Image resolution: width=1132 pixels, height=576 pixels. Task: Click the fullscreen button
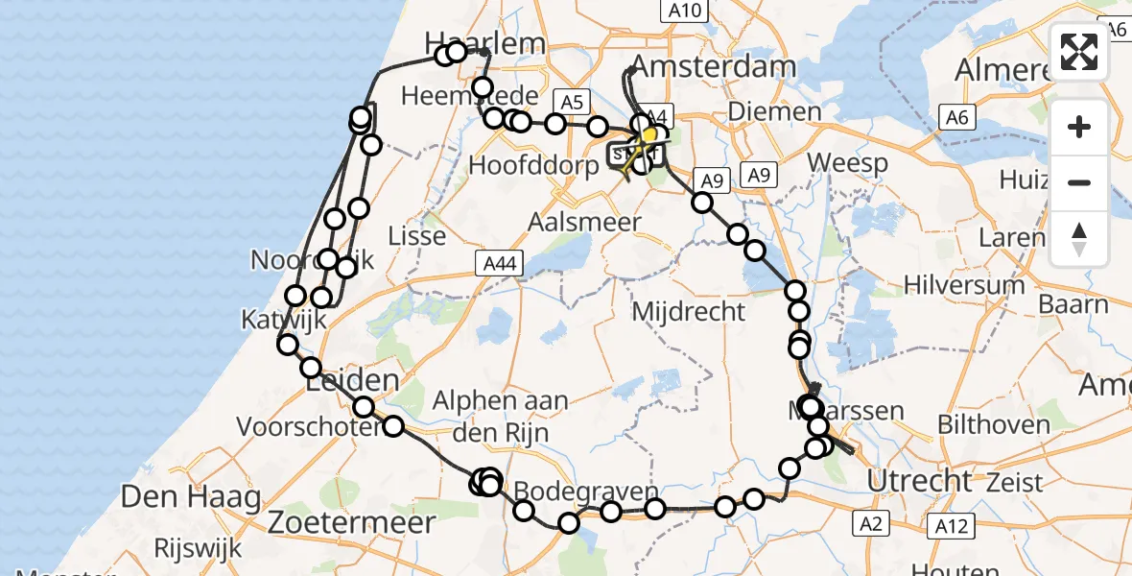[x=1079, y=52]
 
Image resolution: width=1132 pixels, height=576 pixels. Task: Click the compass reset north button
[x=1079, y=238]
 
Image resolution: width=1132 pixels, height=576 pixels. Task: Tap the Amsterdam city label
[x=716, y=67]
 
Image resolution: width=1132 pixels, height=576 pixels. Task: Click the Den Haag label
[x=191, y=498]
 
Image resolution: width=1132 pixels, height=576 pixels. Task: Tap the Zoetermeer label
[x=352, y=523]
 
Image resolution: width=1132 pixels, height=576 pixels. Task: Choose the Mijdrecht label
[x=689, y=311]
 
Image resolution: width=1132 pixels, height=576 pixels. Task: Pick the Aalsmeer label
[x=584, y=222]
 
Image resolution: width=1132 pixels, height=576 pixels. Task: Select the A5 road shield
[x=573, y=102]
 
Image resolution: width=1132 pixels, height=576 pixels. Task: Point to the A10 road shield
[x=684, y=11]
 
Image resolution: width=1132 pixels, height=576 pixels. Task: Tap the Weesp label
[x=848, y=162]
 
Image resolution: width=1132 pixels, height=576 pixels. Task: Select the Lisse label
[x=416, y=235]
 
